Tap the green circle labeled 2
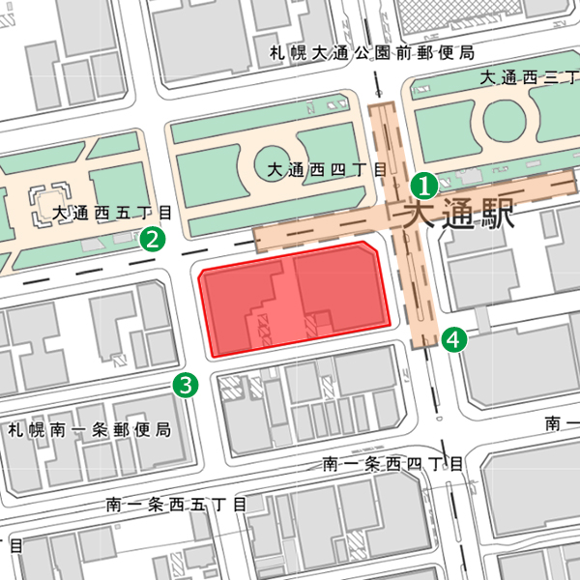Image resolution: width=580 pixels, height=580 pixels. click(151, 239)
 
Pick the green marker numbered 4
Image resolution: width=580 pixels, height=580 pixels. click(453, 338)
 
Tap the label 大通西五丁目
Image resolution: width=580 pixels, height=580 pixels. click(113, 213)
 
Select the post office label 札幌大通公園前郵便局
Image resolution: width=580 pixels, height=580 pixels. click(371, 52)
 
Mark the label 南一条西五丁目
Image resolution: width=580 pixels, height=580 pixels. click(177, 504)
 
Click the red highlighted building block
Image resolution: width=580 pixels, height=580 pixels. click(295, 298)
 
